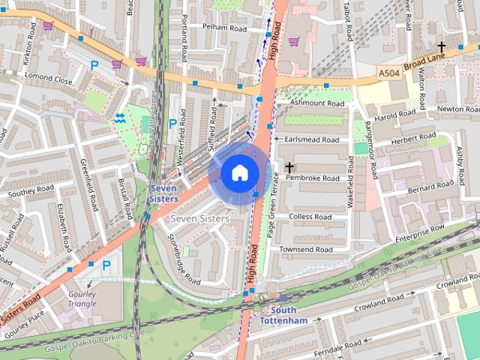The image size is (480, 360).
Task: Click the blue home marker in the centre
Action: [x=239, y=173]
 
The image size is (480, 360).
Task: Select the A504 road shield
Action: [x=388, y=73]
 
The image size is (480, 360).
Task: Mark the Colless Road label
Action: [x=310, y=217]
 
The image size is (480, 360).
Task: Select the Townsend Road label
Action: [x=306, y=249]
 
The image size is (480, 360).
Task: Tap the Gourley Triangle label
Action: [x=82, y=299]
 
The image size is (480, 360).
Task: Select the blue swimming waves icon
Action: [x=120, y=118]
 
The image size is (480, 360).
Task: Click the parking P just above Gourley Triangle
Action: [x=106, y=265]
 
